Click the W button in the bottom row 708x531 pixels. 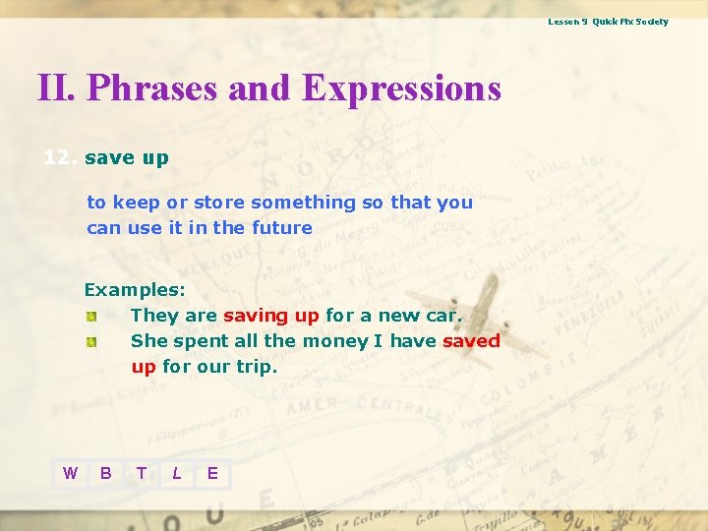[70, 474]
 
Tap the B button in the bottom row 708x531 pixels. [105, 474]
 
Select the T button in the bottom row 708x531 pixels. [141, 474]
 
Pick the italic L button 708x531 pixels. [176, 474]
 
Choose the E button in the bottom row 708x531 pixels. [212, 474]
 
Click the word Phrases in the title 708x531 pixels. [153, 88]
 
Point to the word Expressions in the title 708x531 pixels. [401, 88]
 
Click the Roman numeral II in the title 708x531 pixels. [56, 88]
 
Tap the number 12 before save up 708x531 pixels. [60, 157]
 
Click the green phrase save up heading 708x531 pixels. [127, 157]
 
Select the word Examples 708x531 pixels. [134, 290]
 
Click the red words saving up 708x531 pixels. [271, 316]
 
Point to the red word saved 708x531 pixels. [471, 341]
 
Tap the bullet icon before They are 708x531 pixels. [90, 317]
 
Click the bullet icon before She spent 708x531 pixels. [90, 342]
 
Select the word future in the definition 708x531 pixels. [281, 228]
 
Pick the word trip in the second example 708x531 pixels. [260, 367]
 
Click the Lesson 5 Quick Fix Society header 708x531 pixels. [608, 22]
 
